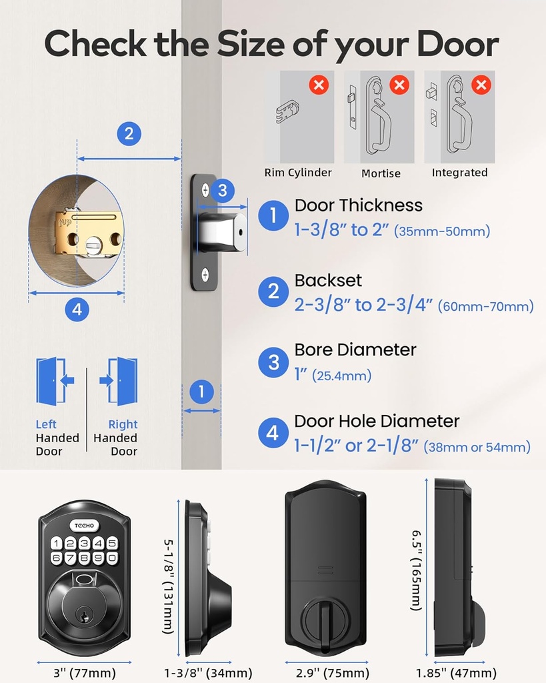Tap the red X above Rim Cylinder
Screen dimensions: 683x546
click(319, 85)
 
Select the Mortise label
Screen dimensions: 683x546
click(381, 173)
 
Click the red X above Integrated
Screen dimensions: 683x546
click(481, 85)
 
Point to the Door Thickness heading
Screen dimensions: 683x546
click(359, 205)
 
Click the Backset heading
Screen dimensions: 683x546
click(328, 280)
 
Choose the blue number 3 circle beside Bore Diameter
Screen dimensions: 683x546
click(273, 362)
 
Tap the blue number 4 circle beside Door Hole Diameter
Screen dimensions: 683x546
click(273, 433)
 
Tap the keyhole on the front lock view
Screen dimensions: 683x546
click(84, 616)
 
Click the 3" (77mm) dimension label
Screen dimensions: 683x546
click(84, 672)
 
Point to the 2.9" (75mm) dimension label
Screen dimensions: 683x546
click(327, 672)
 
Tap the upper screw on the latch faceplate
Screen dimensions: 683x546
click(205, 190)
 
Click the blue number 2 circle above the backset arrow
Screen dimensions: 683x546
click(129, 133)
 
